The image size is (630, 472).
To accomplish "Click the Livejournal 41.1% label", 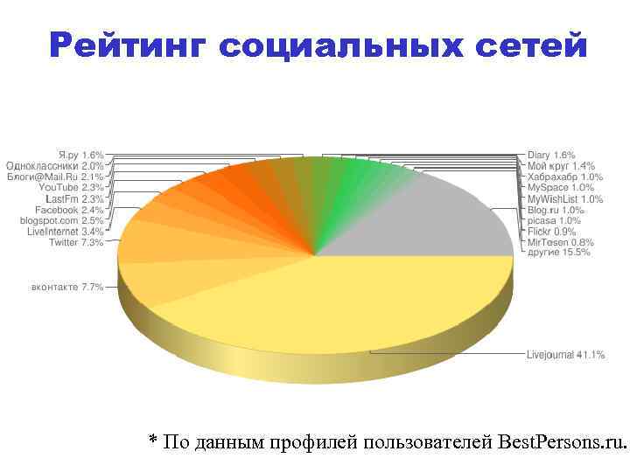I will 565,355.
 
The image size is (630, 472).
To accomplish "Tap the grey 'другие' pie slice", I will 437,219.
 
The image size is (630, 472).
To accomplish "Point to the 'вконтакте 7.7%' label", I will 67,287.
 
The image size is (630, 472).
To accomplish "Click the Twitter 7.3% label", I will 76,243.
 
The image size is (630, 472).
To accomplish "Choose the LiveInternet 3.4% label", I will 65,233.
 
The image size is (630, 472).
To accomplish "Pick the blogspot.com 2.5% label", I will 61,221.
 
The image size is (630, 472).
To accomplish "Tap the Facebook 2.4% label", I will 69,210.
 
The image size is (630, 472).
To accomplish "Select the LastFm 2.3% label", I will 74,198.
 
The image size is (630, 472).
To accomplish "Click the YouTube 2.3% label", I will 71,187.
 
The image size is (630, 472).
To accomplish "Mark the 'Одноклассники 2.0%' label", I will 55,164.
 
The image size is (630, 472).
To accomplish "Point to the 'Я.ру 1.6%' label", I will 80,154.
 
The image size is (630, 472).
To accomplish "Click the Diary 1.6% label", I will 551,154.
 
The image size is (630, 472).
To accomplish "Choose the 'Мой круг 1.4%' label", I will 561,165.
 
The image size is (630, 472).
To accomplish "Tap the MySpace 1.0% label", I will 560,187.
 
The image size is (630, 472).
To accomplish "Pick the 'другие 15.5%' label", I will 559,253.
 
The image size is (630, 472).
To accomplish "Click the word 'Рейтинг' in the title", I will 123,45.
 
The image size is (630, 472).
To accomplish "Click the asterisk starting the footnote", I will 153,441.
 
